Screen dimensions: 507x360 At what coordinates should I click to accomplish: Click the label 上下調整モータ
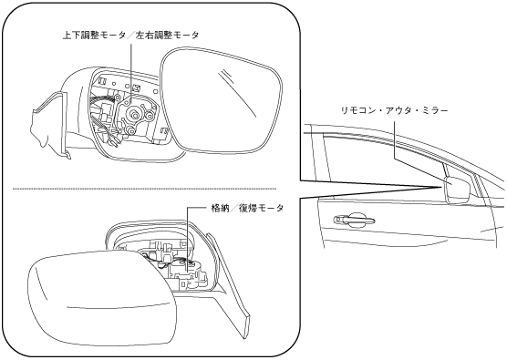coord(94,36)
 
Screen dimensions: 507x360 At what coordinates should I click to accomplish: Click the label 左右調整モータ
coord(168,36)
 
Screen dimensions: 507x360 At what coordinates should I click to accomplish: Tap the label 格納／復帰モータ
coord(247,208)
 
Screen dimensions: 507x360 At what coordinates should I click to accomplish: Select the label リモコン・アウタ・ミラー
coord(395,110)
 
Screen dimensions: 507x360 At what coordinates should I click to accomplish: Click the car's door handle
coord(354,221)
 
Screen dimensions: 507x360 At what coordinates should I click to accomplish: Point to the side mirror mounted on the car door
coord(458,190)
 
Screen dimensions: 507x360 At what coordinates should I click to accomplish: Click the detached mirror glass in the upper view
coord(222,100)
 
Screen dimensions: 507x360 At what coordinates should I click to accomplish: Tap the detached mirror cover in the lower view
coord(101,300)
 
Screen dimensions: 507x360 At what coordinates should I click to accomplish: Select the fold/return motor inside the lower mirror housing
coord(189,271)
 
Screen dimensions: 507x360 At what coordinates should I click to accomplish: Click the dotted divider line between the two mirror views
coord(144,189)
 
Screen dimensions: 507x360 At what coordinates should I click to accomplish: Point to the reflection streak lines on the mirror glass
coord(238,93)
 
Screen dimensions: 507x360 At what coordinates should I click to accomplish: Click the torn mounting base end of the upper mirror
coord(49,125)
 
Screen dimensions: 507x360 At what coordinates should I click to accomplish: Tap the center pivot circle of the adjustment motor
coord(133,115)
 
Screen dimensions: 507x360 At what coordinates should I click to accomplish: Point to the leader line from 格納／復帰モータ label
coord(191,239)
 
